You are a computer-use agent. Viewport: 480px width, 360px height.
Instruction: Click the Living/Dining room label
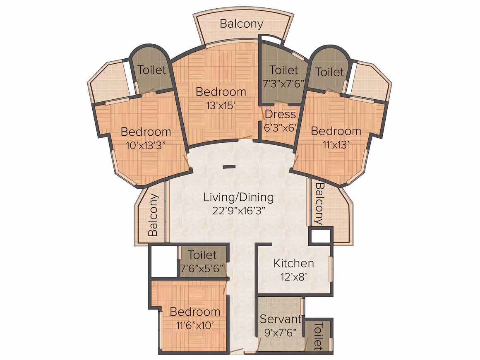point(238,197)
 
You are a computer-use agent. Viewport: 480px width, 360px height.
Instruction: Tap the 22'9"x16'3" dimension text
point(238,211)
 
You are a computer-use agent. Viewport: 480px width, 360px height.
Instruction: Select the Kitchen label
point(293,263)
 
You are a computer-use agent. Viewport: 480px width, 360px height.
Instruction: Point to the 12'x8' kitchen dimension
point(293,277)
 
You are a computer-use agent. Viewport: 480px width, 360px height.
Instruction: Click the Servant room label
point(281,319)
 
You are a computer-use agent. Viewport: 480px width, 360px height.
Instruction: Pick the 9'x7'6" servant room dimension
point(281,332)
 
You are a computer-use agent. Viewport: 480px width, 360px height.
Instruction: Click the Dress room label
point(281,114)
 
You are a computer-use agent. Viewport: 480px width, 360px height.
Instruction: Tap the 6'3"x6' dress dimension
point(281,127)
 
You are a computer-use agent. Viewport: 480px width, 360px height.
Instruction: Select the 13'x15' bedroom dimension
point(221,106)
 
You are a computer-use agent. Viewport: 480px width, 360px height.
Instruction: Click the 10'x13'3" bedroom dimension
point(146,145)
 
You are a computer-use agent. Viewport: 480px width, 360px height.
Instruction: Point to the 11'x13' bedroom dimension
point(336,144)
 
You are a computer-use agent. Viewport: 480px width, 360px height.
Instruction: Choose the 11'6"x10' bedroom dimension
point(195,325)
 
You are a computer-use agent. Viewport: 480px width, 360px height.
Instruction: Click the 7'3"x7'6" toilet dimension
point(283,83)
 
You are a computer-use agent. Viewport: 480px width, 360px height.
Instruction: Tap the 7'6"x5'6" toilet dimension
point(202,268)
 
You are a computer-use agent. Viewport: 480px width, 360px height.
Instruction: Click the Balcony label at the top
point(242,24)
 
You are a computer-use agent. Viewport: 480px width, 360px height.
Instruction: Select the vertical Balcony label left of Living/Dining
point(153,215)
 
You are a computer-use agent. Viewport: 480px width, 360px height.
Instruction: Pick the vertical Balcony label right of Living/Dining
point(319,203)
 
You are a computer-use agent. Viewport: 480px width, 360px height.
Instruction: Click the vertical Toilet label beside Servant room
point(318,336)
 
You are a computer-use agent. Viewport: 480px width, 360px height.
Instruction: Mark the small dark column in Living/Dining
point(229,167)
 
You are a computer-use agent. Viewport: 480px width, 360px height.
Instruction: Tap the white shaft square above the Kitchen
point(321,235)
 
